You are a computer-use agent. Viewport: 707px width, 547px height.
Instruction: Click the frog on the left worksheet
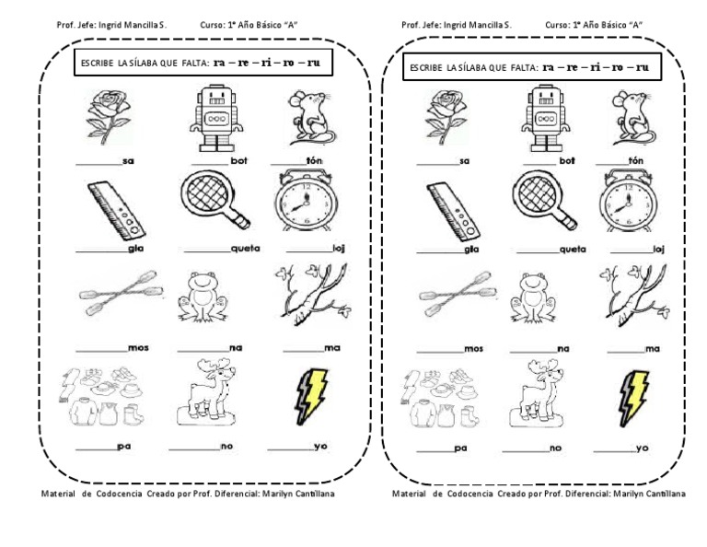[206, 297]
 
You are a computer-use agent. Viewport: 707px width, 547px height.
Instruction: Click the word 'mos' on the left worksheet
[140, 349]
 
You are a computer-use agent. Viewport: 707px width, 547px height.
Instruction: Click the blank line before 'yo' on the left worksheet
[295, 448]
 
